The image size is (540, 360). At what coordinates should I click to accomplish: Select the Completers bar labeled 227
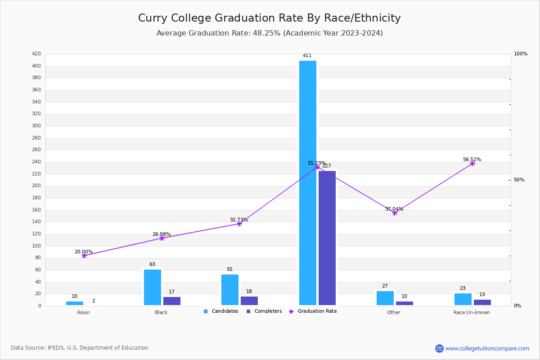(x=327, y=238)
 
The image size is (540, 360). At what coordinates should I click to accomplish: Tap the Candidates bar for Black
(x=153, y=288)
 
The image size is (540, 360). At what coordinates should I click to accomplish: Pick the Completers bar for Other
(x=405, y=303)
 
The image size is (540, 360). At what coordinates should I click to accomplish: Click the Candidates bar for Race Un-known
(x=463, y=299)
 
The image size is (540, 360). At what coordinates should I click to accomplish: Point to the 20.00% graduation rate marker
(x=84, y=256)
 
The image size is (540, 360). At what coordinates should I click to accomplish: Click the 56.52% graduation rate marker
(x=472, y=163)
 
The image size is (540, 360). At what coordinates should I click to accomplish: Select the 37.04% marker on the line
(x=395, y=213)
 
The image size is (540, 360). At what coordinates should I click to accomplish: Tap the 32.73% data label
(x=239, y=220)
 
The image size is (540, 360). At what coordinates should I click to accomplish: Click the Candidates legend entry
(x=221, y=311)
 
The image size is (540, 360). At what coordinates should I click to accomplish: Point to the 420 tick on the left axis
(x=36, y=54)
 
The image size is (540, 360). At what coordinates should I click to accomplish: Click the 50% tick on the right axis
(x=519, y=180)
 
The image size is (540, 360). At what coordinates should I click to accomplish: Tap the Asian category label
(x=83, y=312)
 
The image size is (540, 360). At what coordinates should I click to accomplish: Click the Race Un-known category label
(x=472, y=312)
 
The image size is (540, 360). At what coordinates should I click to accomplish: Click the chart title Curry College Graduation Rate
(x=269, y=18)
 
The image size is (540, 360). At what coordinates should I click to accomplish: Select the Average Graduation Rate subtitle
(x=270, y=33)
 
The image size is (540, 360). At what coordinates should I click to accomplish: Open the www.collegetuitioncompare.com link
(x=487, y=348)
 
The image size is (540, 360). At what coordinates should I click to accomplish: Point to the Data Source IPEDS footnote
(x=80, y=348)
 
